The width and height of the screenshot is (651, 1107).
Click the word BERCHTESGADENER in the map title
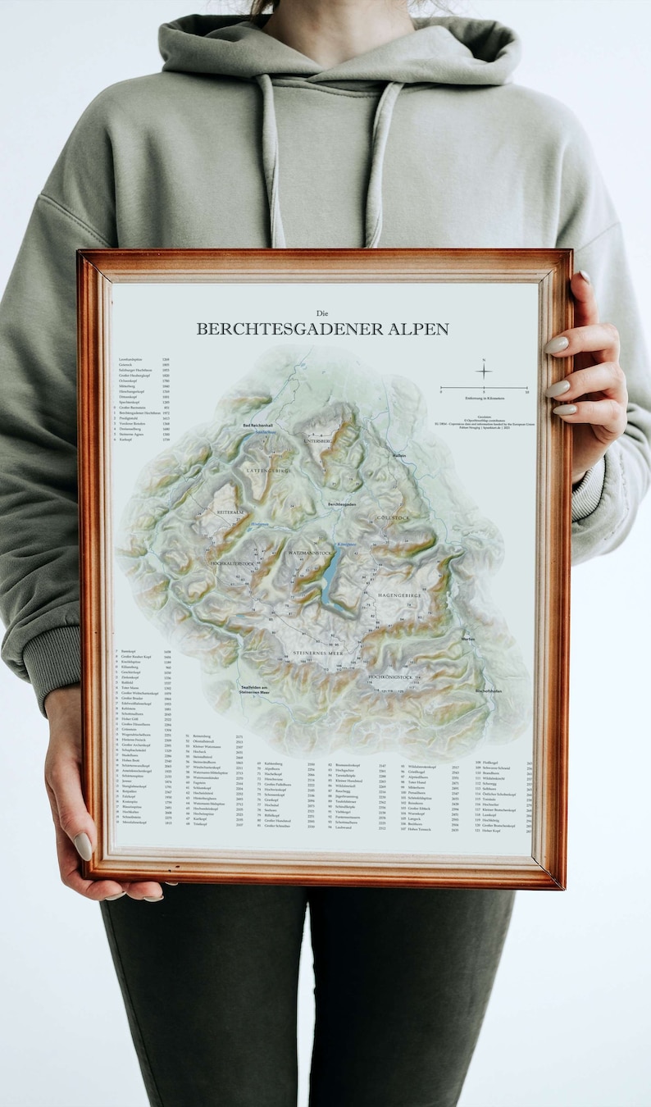click(293, 329)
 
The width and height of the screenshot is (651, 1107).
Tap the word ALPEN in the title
click(420, 329)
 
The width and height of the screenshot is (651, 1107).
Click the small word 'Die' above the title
click(322, 312)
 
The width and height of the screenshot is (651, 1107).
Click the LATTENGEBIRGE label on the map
click(266, 471)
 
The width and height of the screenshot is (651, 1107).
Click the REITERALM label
click(231, 512)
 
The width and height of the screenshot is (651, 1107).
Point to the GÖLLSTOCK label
click(392, 518)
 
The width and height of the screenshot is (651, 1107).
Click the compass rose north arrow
click(484, 371)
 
